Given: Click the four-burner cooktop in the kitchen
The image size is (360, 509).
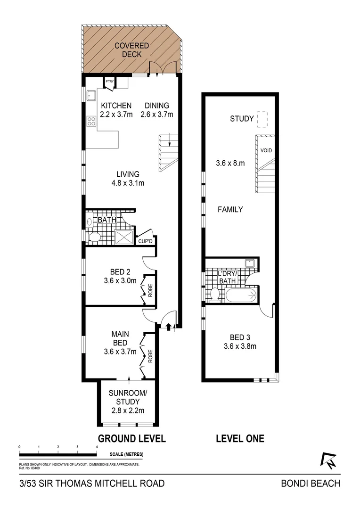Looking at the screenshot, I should click(91, 121).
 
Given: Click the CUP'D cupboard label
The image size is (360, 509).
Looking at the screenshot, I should click(145, 241).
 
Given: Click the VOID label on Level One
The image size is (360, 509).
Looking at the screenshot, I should click(266, 151).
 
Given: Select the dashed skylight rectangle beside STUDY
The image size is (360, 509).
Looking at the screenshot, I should click(262, 119).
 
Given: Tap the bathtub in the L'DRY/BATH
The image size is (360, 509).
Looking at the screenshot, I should click(241, 296).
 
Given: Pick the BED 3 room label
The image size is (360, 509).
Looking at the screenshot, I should click(240, 337).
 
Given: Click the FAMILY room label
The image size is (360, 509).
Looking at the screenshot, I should click(230, 209).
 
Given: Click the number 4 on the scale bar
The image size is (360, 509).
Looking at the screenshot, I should click(97, 446).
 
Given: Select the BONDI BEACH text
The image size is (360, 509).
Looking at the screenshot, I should click(310, 483).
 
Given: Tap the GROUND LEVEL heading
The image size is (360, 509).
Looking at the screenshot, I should click(131, 438).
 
